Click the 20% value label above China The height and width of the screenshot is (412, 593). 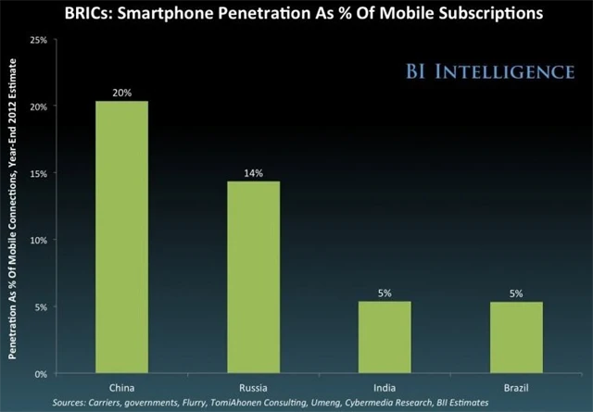[120, 92]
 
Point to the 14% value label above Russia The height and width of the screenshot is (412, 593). [252, 172]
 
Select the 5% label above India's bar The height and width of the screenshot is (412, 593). [383, 293]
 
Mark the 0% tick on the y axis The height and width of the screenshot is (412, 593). [41, 373]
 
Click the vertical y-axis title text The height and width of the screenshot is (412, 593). [14, 207]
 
